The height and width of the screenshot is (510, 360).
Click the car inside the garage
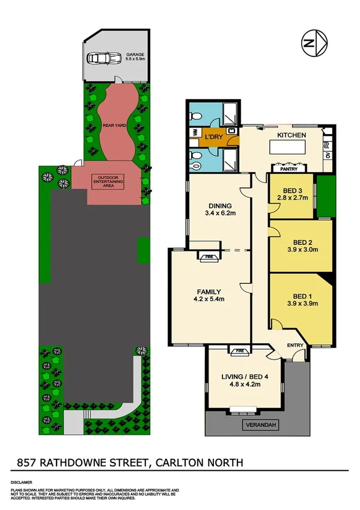pyautogui.click(x=100, y=58)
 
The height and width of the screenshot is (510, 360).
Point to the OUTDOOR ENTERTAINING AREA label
pyautogui.click(x=108, y=181)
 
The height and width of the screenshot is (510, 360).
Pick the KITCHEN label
pyautogui.click(x=292, y=135)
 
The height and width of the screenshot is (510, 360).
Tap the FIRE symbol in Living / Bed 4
pyautogui.click(x=239, y=349)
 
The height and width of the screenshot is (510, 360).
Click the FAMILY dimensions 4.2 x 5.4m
pyautogui.click(x=207, y=298)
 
